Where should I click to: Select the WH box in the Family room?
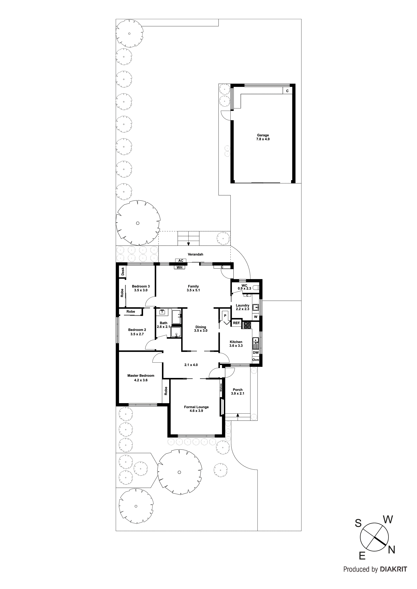point(179,267)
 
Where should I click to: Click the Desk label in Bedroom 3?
point(123,271)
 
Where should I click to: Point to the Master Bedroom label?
point(141,376)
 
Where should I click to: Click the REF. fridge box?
point(236,323)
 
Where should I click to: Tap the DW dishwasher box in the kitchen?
point(256,353)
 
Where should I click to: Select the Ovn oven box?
point(256,360)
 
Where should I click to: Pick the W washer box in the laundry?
point(256,317)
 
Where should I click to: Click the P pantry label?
point(225,316)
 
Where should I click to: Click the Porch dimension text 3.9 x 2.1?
point(238,394)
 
